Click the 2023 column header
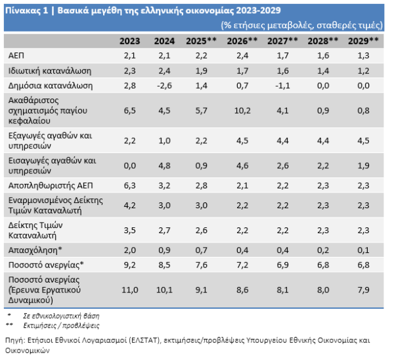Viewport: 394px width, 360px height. [x=129, y=41]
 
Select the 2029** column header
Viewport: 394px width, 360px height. [x=363, y=41]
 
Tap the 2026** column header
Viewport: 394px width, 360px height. [x=242, y=41]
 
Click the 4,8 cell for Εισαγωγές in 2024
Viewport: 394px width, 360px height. [x=164, y=166]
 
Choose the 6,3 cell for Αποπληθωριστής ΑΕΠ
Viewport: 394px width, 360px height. [x=129, y=187]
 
